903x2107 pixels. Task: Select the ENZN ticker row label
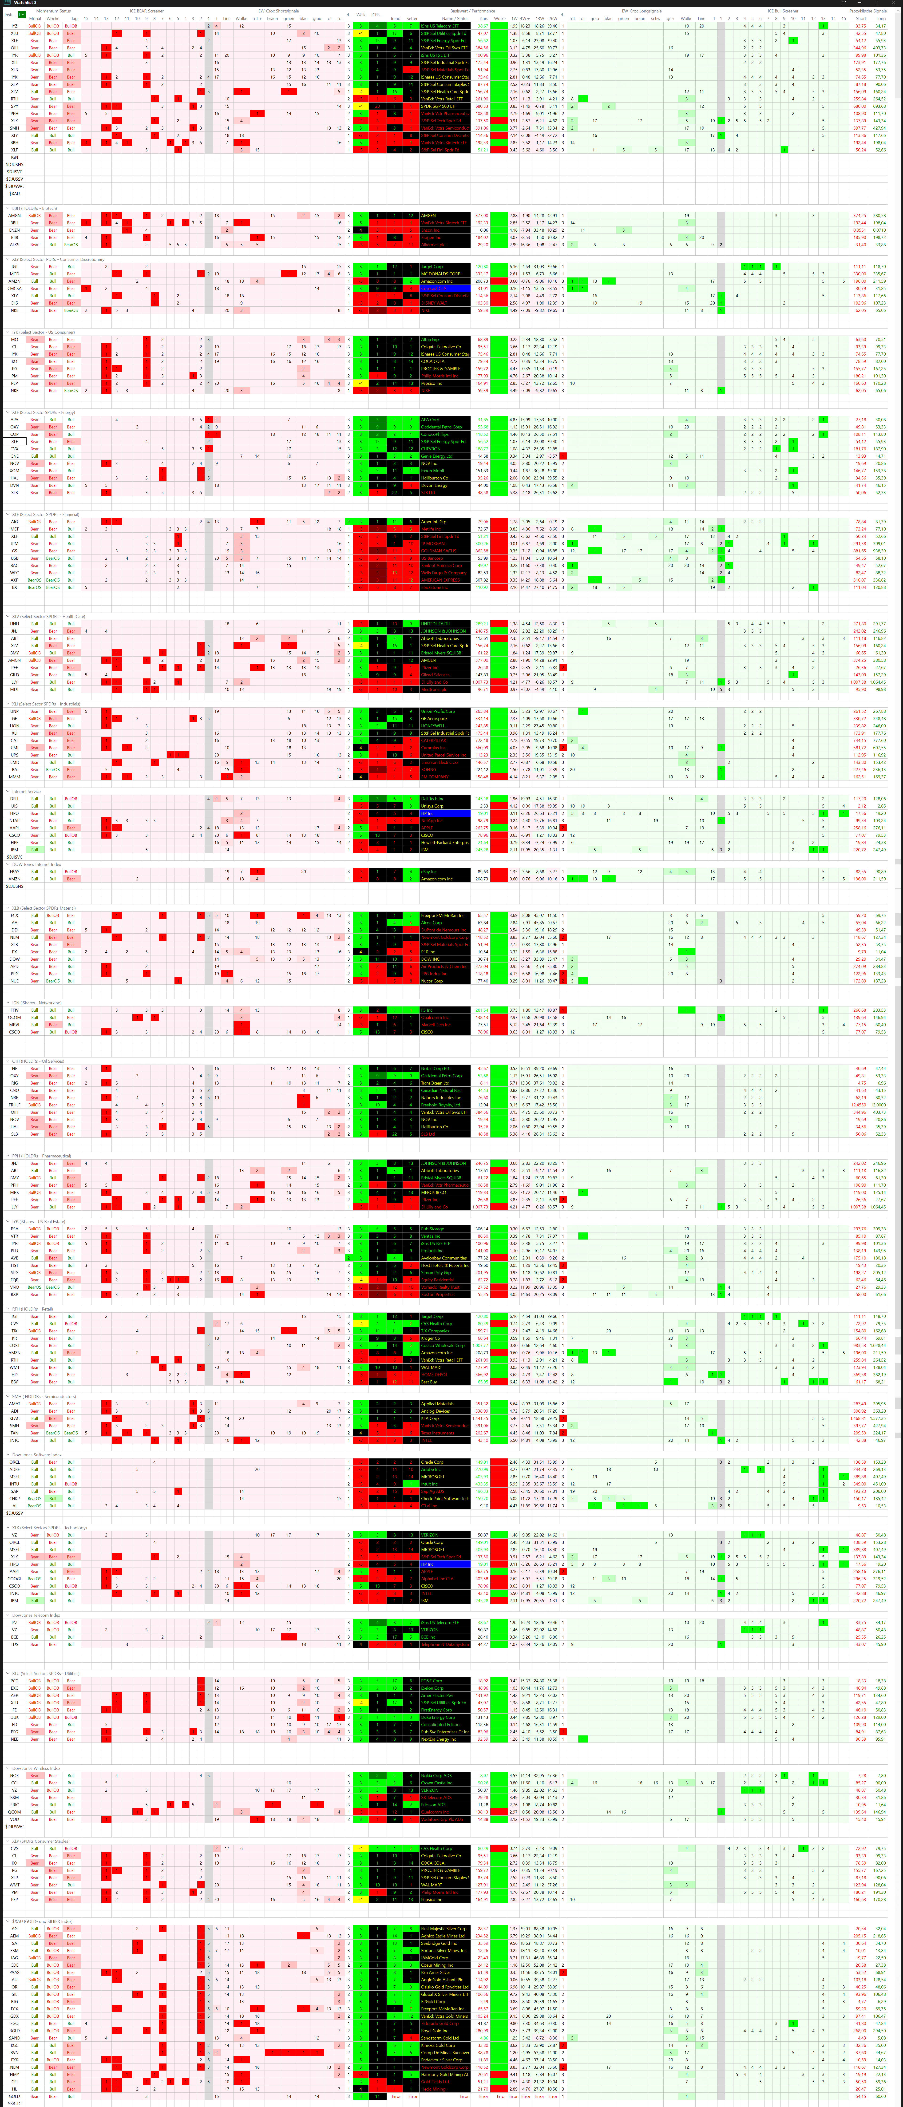(x=14, y=230)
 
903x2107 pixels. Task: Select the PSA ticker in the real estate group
(x=14, y=1228)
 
